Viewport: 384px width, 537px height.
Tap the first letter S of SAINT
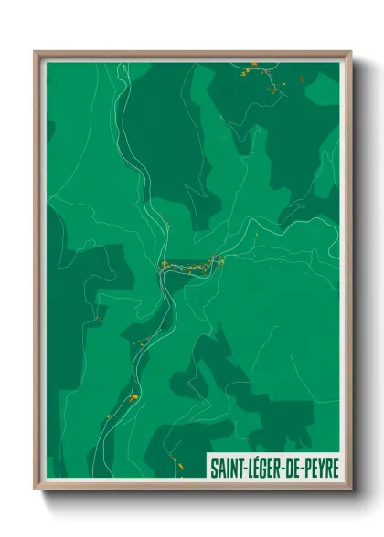click(x=215, y=468)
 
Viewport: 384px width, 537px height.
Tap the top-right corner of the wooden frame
click(x=350, y=52)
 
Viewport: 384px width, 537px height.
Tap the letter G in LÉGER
click(x=269, y=468)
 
